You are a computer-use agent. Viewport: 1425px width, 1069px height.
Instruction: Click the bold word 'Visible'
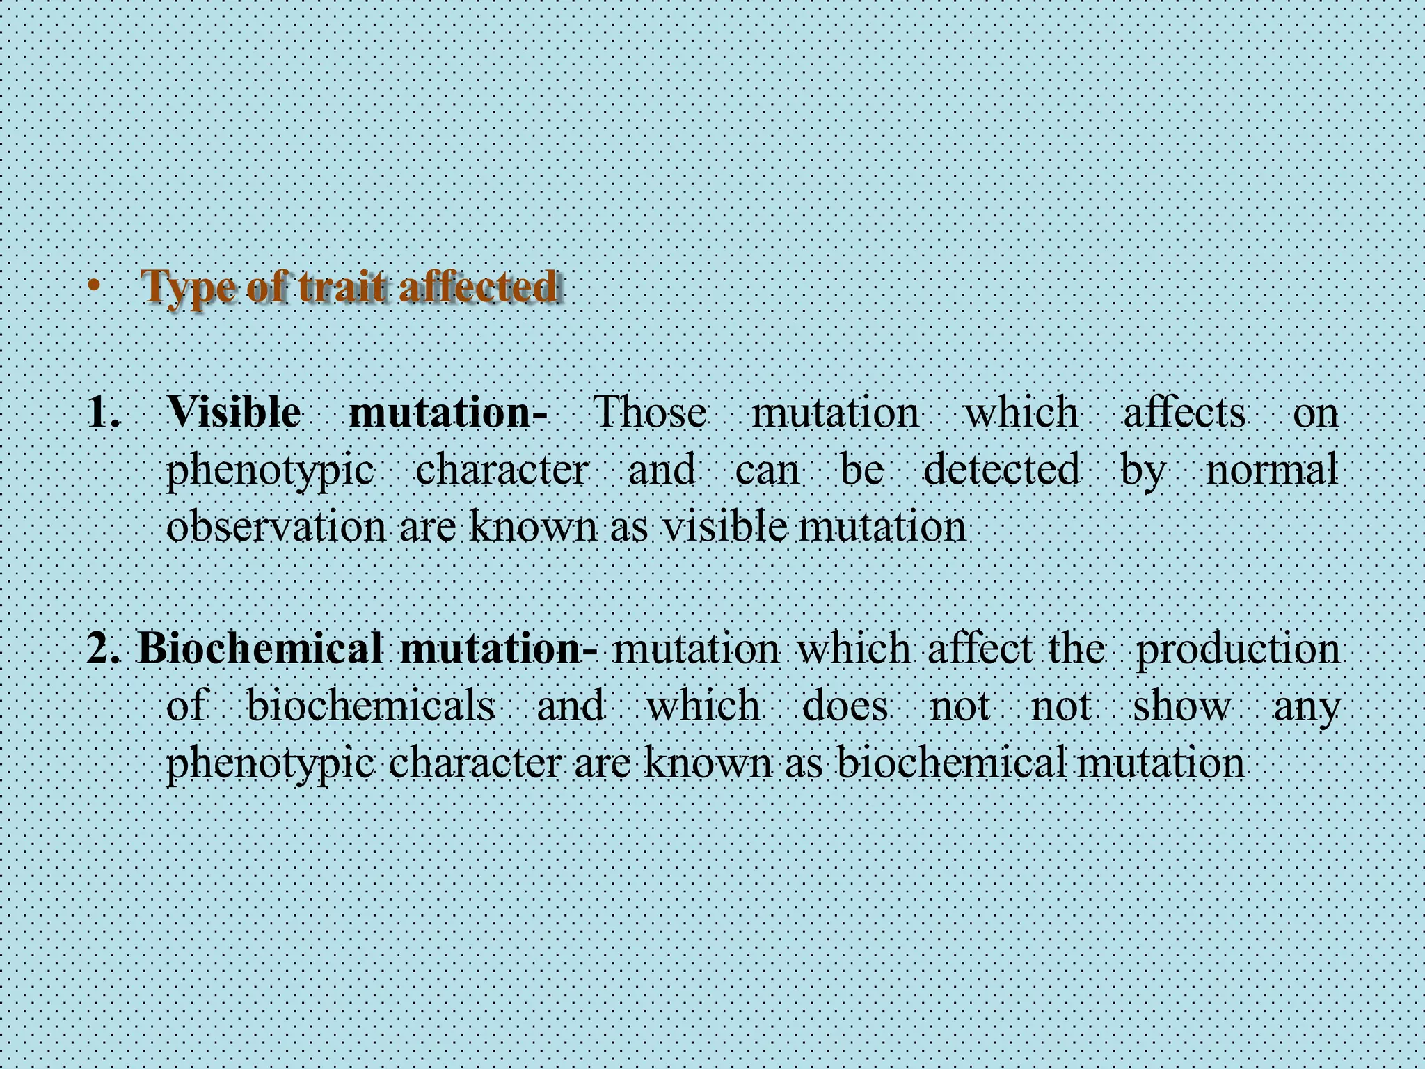pos(234,412)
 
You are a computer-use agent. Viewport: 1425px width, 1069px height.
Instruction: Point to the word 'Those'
pos(649,412)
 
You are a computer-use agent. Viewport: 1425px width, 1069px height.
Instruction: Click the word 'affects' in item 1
pos(1184,412)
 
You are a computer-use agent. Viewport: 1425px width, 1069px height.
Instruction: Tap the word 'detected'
pos(1001,469)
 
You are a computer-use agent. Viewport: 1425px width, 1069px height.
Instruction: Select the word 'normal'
pos(1271,469)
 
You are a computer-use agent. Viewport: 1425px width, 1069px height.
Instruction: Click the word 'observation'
pos(276,527)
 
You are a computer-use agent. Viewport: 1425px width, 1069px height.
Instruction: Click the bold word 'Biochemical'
pos(259,649)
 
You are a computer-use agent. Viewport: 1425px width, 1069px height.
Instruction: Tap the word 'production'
pos(1236,649)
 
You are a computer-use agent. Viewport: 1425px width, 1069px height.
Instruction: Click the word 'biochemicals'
pos(371,706)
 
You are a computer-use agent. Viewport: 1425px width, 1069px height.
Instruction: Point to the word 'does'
pos(845,706)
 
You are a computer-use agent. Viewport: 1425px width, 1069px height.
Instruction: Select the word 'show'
pos(1181,706)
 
